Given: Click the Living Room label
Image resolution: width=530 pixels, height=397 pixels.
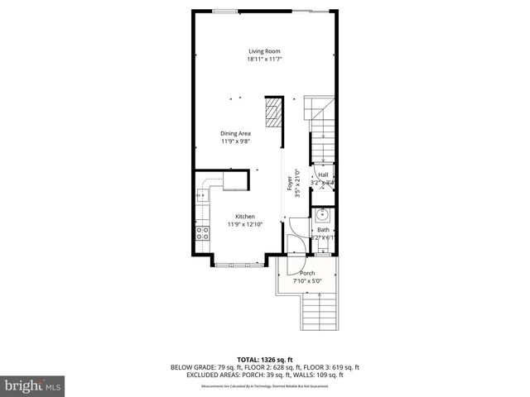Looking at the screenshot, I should tap(264, 51).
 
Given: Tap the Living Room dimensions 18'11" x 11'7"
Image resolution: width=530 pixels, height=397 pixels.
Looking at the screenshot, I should tap(264, 60).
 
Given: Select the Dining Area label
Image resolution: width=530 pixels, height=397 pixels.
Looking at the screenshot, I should tap(235, 133).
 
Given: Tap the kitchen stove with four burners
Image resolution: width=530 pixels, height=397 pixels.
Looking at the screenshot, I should tap(200, 233).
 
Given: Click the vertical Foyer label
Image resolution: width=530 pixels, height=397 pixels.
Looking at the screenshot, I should tap(289, 183).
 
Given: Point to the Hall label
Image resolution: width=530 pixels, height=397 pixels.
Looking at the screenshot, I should tap(322, 175).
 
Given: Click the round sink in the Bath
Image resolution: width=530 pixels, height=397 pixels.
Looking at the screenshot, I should tap(322, 217).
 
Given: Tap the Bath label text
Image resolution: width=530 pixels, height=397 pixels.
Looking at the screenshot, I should tap(322, 229).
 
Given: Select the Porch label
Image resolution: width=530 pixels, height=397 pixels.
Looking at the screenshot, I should tap(307, 273).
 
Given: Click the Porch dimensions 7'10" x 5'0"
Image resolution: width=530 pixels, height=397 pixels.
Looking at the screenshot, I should tap(307, 281).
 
